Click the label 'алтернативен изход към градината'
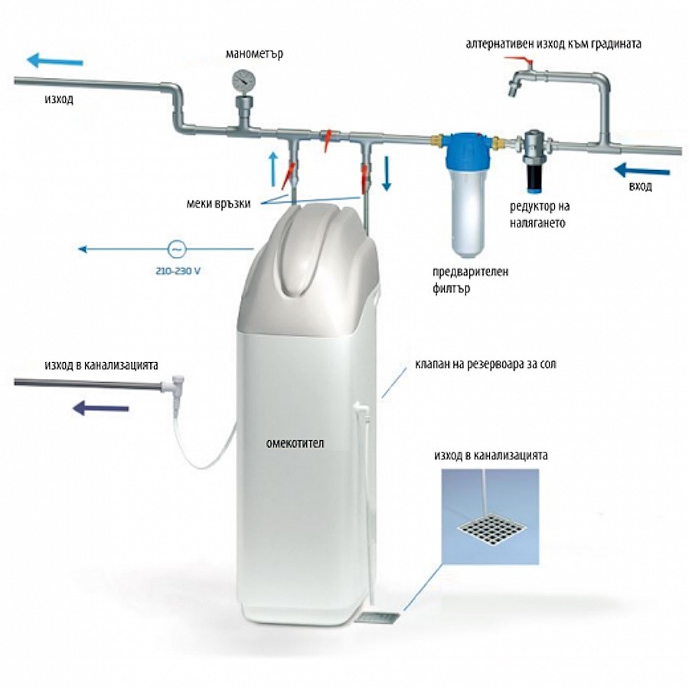(553, 44)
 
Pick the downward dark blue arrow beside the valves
(387, 171)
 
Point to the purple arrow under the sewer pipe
(100, 408)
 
